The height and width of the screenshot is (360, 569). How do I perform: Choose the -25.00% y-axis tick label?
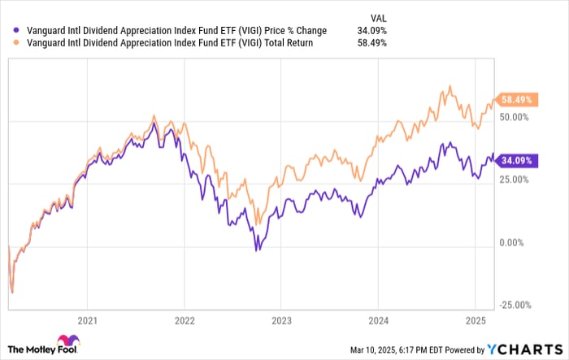[x=515, y=305]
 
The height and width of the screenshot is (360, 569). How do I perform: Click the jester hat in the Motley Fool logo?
[x=64, y=339]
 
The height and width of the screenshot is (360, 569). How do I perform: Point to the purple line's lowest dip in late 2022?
[x=258, y=249]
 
